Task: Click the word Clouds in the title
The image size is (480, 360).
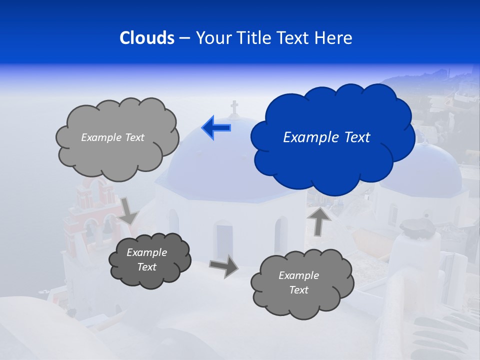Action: pos(146,38)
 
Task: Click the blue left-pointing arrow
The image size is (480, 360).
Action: pos(216,127)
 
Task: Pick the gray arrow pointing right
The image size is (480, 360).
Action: pos(224,265)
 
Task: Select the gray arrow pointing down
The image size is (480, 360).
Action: pos(128,210)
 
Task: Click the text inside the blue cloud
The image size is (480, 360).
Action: pos(326,137)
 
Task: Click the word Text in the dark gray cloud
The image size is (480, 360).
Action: pos(146,267)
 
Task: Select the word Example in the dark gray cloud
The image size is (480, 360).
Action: pos(146,252)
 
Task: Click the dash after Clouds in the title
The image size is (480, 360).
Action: pos(184,38)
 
